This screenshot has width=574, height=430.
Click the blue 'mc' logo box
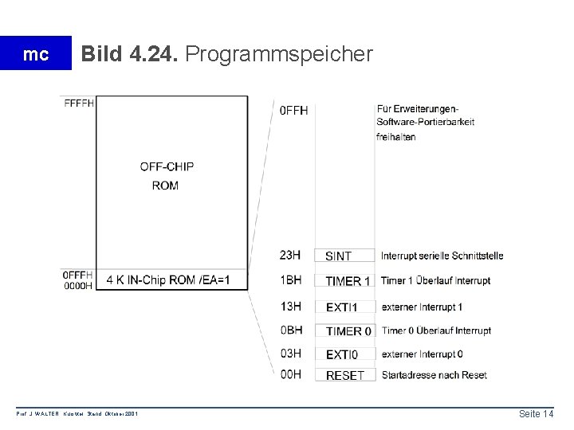(x=36, y=54)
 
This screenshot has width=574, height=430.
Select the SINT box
(x=344, y=256)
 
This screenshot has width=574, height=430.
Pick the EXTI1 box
(x=344, y=307)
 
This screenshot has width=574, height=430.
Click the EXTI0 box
(x=344, y=354)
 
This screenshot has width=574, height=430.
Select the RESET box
(x=345, y=375)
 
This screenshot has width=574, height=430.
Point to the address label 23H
(x=291, y=255)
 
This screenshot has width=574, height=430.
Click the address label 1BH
(x=291, y=280)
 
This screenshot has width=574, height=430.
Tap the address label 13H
(x=291, y=306)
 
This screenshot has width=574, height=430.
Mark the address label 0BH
(x=291, y=330)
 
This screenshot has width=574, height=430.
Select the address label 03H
(x=291, y=353)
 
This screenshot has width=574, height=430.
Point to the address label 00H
(x=291, y=374)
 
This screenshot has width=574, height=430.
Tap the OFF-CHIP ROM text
(x=167, y=175)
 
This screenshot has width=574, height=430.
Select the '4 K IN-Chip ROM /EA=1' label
(x=167, y=279)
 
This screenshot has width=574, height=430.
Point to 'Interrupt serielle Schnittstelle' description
(x=442, y=256)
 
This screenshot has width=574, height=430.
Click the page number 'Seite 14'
(x=535, y=413)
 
